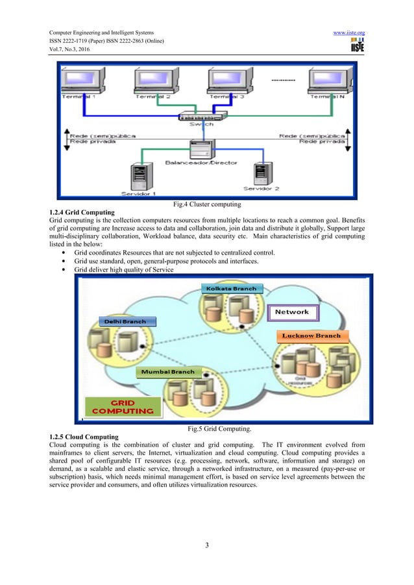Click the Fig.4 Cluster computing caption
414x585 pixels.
point(206,205)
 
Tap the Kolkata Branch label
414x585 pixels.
point(230,288)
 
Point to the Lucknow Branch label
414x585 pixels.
point(311,336)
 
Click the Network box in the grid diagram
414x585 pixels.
point(292,312)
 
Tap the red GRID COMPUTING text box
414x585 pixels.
point(123,406)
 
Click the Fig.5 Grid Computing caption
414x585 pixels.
point(206,428)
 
